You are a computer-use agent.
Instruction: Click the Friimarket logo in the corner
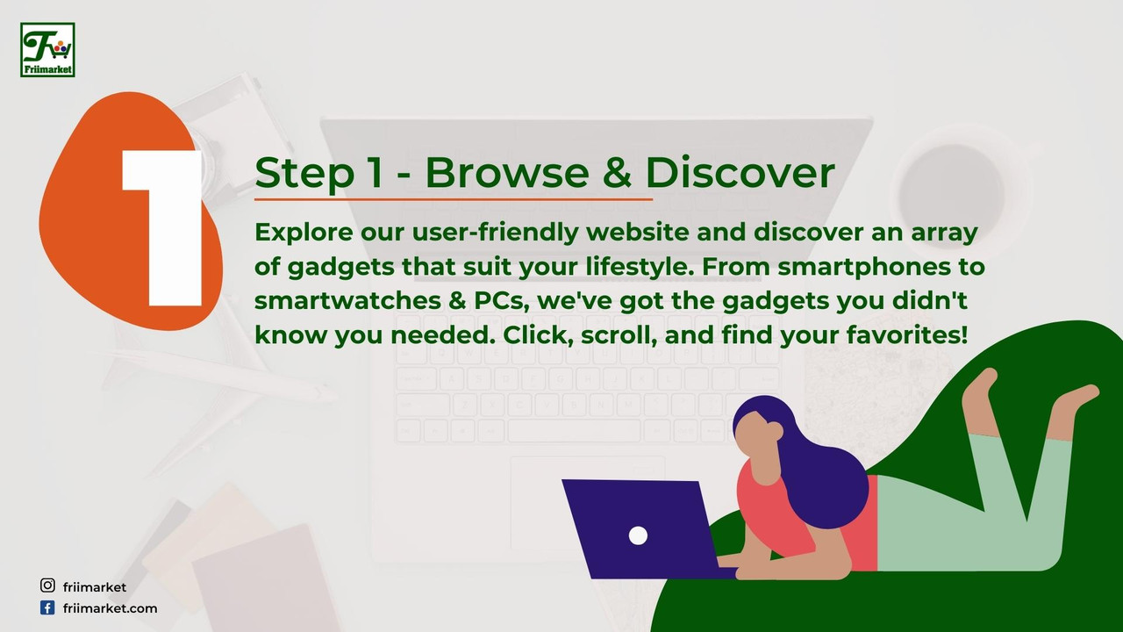point(47,50)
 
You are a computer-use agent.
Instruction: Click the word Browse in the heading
point(507,173)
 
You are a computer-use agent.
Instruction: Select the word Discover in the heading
point(740,173)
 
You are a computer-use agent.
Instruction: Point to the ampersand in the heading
point(618,173)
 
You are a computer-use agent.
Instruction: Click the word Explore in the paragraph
point(304,233)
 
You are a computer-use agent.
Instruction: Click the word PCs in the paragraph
point(502,301)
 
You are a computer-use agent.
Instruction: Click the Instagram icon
point(47,585)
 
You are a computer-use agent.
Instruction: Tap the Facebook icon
point(47,608)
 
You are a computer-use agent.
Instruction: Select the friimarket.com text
point(110,608)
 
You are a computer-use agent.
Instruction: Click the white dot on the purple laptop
point(638,535)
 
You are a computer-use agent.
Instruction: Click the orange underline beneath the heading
point(454,199)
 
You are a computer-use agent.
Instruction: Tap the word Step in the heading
point(304,174)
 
